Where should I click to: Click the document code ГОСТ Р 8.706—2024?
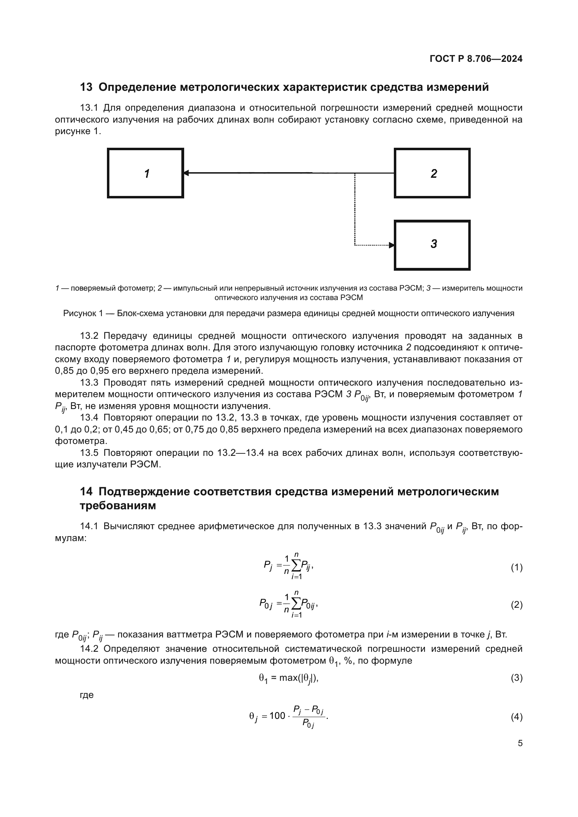click(x=476, y=59)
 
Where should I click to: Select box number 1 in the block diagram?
click(x=146, y=173)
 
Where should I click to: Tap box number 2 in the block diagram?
click(x=432, y=173)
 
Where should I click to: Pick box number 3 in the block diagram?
click(x=432, y=245)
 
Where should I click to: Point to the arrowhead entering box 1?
click(x=186, y=173)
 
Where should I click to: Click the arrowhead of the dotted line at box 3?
click(x=391, y=245)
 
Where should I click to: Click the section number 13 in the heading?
click(x=86, y=87)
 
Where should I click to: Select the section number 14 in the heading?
click(x=86, y=492)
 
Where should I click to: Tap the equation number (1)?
click(x=516, y=568)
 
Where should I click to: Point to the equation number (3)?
click(x=516, y=678)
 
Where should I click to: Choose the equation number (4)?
click(x=516, y=717)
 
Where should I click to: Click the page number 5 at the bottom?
click(x=520, y=743)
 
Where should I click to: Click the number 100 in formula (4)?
click(x=277, y=716)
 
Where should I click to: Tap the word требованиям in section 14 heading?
click(x=118, y=506)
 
